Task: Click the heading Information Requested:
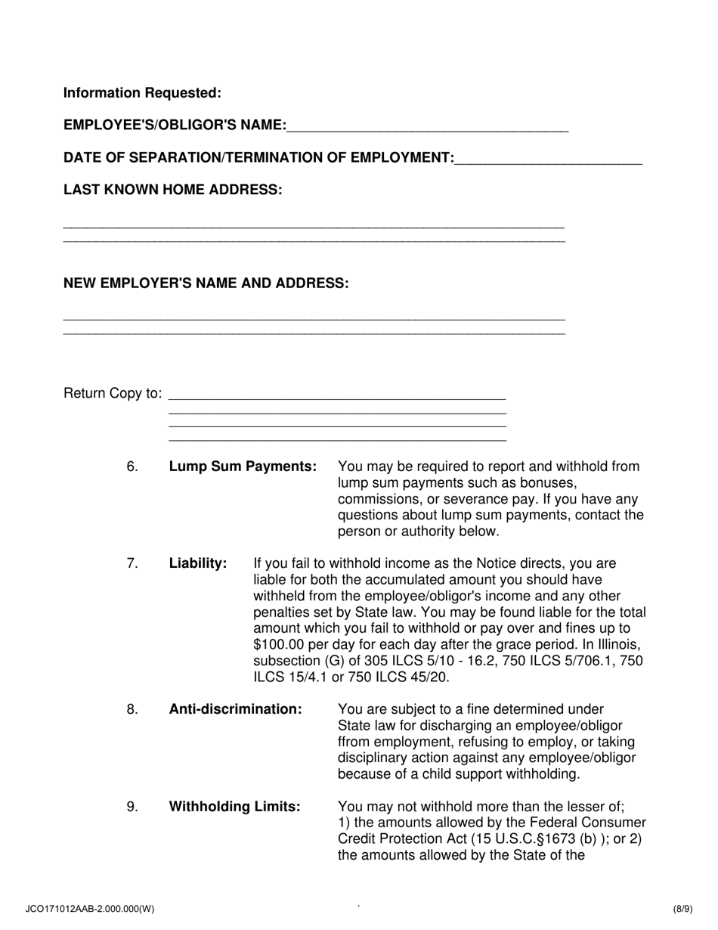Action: [x=142, y=93]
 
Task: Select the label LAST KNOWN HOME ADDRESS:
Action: [x=173, y=190]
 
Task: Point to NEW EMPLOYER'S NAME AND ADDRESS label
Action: [x=206, y=284]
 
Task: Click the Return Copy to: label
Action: [x=113, y=393]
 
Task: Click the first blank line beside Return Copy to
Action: [x=337, y=395]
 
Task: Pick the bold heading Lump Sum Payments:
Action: [x=243, y=467]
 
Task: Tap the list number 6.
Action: [x=132, y=467]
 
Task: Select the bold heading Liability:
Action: [x=198, y=563]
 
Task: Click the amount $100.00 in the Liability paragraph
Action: [x=281, y=645]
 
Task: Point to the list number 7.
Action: [x=132, y=563]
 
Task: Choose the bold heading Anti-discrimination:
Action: [x=235, y=709]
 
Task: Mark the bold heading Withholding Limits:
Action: [x=234, y=807]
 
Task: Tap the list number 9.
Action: [x=132, y=807]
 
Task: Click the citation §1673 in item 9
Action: [x=532, y=839]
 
